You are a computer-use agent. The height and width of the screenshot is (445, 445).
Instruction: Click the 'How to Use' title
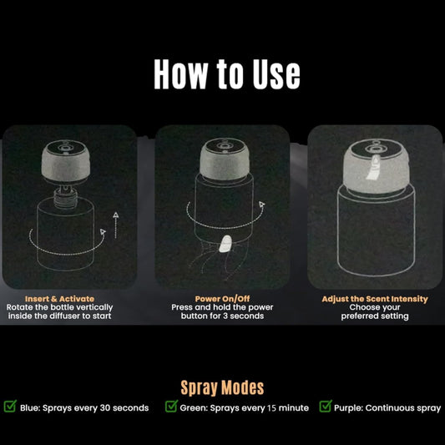point(227,74)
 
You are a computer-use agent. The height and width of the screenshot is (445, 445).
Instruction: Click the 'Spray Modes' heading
point(222,387)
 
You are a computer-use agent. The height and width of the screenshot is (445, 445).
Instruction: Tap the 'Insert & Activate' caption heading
point(59,299)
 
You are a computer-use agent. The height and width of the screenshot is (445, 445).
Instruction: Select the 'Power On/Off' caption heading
point(222,299)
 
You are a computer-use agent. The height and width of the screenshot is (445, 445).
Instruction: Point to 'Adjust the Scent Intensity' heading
point(375,299)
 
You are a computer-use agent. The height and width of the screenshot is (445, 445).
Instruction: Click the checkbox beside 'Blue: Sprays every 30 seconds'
point(10,406)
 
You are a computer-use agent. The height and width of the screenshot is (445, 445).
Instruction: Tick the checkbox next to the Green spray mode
point(171,406)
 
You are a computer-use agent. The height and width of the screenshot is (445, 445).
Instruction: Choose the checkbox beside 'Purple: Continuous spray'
point(326,406)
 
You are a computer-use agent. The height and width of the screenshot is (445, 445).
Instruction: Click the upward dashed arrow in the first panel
point(115,225)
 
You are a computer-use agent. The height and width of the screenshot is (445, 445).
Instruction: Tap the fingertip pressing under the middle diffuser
point(225,244)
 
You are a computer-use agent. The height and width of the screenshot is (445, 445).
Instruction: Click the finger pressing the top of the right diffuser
point(373,168)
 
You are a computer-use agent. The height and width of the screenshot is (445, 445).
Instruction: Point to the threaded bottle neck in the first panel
point(66,198)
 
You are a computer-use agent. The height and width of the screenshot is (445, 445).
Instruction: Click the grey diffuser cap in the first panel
point(66,161)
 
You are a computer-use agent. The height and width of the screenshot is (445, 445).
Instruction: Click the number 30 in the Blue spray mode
point(104,407)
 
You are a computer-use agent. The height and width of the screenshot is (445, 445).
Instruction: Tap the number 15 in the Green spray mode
point(271,407)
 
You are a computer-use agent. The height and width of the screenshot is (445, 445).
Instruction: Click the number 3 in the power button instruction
point(225,316)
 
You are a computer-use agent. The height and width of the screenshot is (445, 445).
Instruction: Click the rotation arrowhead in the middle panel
point(261,204)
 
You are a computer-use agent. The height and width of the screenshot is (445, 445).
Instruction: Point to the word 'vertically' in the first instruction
point(94,307)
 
